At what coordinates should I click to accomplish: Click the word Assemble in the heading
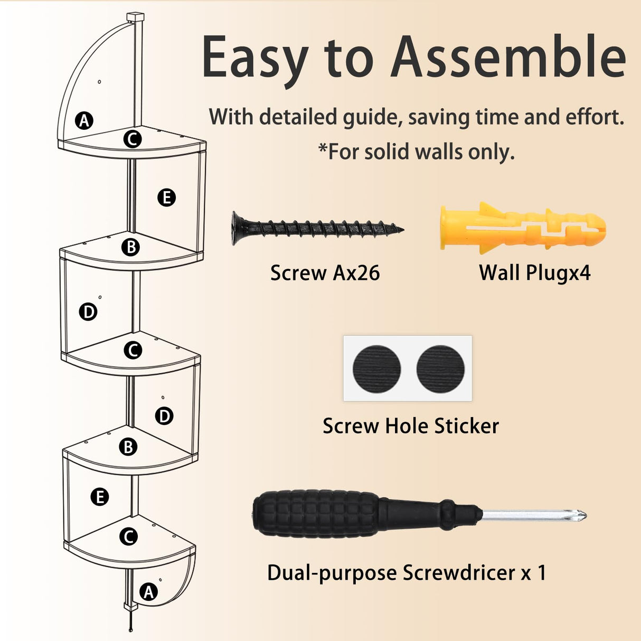point(508,57)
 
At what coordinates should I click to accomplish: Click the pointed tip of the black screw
point(402,229)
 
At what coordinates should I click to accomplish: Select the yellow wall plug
point(523,228)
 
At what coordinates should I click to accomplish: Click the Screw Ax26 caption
point(325,274)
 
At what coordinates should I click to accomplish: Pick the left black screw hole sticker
point(376,369)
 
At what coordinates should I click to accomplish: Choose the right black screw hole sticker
point(440,369)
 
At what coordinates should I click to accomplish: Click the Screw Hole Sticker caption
point(411,426)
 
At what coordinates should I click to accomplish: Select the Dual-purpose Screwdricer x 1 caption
point(407,573)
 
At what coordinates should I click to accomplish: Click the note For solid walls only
point(417,152)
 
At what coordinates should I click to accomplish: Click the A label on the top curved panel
point(84,120)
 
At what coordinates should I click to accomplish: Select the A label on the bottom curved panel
point(148,592)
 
